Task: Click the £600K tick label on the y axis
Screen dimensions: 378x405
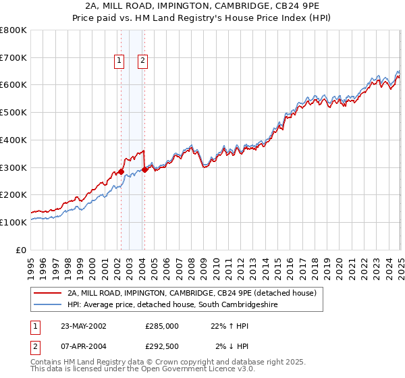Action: (x=13, y=85)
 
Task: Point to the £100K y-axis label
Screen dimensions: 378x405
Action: (x=13, y=222)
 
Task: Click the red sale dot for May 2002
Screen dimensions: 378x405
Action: (x=122, y=171)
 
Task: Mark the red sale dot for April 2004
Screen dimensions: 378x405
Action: (x=144, y=169)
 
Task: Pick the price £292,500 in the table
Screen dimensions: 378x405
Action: (x=162, y=347)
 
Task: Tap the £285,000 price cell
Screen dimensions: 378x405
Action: (x=162, y=326)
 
